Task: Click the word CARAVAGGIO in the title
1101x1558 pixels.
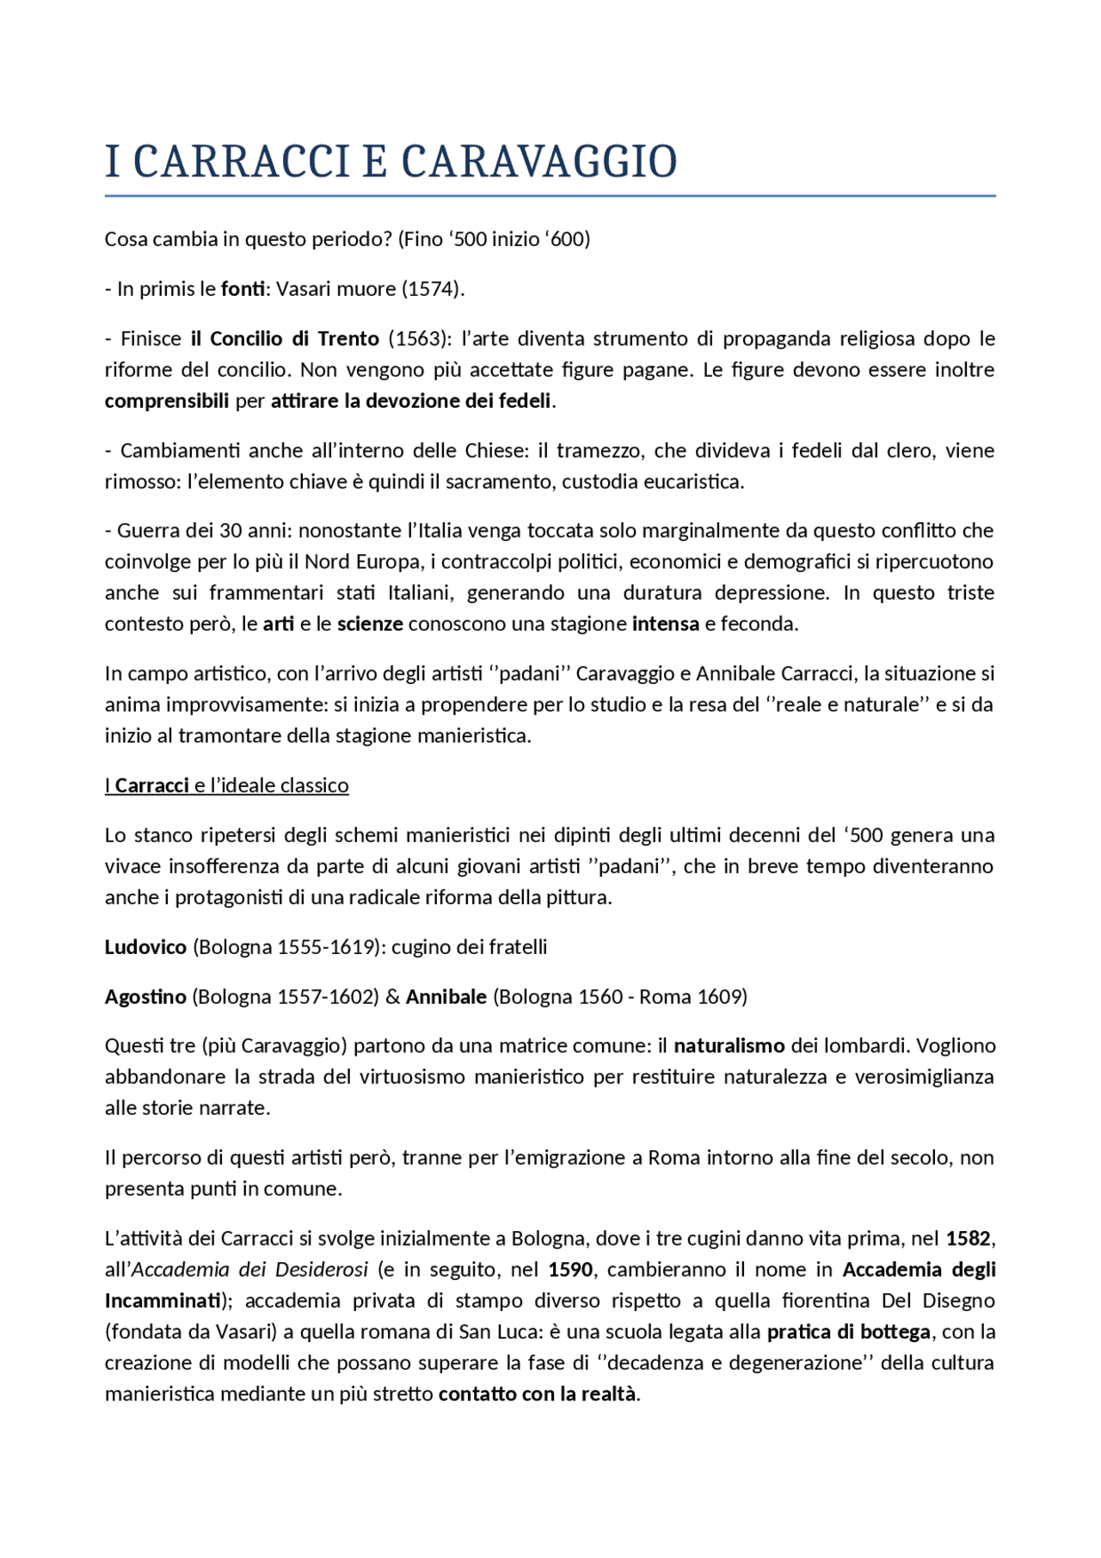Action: tap(539, 163)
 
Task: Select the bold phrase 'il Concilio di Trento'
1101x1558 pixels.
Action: tap(285, 339)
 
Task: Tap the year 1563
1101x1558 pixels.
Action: tap(418, 339)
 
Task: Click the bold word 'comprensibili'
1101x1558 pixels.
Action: tap(167, 401)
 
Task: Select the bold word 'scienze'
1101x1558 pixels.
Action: tap(370, 624)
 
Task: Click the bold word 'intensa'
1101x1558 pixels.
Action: tap(665, 624)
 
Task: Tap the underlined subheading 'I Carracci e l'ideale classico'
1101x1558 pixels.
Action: tap(227, 785)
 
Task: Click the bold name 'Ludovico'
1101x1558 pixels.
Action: tap(145, 947)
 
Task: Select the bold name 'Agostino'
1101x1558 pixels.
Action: tap(145, 997)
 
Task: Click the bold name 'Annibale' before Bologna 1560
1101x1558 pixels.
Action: tap(446, 997)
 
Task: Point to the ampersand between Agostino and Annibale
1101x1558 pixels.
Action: tap(392, 997)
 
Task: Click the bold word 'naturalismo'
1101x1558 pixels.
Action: tap(729, 1046)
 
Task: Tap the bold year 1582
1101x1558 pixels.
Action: tap(968, 1239)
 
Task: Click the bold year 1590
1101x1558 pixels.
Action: tap(569, 1270)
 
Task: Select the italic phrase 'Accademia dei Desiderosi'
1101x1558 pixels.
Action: tap(249, 1270)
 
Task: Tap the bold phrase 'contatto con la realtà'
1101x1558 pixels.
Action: tap(538, 1394)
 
